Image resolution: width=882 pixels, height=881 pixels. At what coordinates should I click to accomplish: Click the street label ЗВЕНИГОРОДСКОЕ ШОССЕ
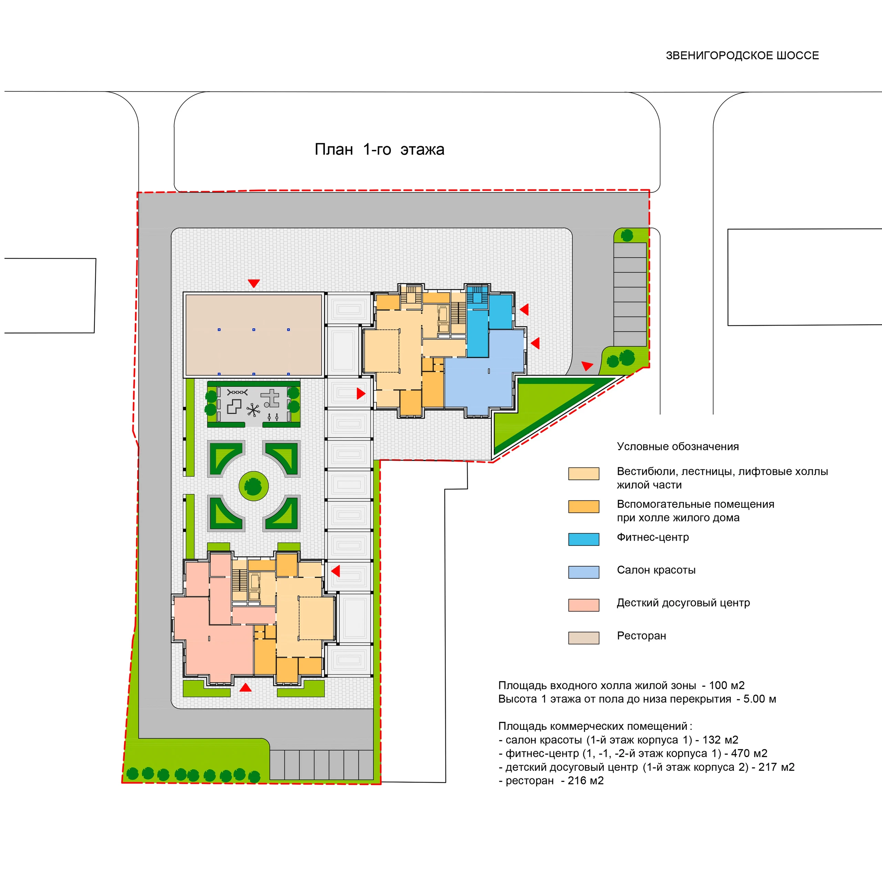(742, 56)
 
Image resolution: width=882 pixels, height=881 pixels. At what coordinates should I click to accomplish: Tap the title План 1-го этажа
(379, 149)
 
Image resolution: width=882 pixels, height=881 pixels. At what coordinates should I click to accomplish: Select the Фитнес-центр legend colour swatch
(583, 539)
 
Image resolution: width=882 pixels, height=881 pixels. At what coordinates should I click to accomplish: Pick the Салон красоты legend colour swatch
(583, 572)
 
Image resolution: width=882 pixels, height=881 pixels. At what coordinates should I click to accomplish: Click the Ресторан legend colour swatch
(583, 638)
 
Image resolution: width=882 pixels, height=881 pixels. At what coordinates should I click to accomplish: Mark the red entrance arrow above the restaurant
(254, 283)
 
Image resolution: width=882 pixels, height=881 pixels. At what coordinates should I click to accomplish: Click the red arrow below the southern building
(246, 687)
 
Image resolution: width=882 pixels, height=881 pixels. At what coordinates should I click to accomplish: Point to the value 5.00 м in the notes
(760, 699)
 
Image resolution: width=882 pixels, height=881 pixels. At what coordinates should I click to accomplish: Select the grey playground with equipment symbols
(254, 404)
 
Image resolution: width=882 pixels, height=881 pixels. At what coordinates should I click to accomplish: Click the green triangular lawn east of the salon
(543, 411)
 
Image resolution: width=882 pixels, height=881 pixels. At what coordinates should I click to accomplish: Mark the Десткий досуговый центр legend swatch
(583, 605)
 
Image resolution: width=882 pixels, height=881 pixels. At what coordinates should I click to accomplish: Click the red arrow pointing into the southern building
(336, 571)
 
